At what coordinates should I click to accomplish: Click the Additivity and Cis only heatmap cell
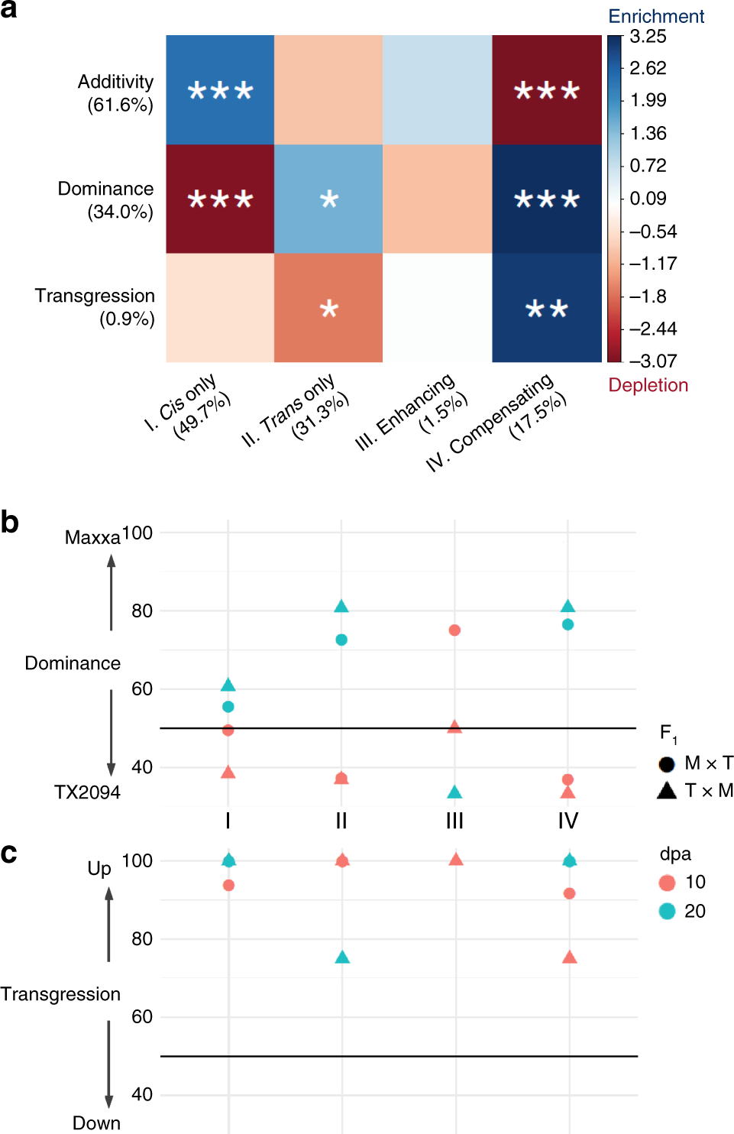220,90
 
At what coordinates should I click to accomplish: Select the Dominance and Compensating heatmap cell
547,199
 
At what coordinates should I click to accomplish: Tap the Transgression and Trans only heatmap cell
328,308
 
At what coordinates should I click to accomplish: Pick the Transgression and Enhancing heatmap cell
437,308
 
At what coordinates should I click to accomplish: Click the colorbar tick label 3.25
648,37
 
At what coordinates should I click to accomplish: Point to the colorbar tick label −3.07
653,361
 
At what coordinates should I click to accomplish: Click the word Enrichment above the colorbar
656,16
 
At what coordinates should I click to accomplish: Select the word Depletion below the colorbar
648,385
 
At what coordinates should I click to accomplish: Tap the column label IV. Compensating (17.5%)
497,423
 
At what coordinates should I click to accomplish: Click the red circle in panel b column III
454,630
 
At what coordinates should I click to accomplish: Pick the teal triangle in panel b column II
341,607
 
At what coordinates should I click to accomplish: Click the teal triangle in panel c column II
342,957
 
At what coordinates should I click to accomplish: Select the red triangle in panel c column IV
569,957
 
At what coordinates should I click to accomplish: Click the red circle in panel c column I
228,886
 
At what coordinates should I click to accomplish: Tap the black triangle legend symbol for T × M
667,790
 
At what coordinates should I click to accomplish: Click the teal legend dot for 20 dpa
667,911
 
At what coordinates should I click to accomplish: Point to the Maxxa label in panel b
92,538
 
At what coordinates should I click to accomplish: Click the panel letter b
10,523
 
